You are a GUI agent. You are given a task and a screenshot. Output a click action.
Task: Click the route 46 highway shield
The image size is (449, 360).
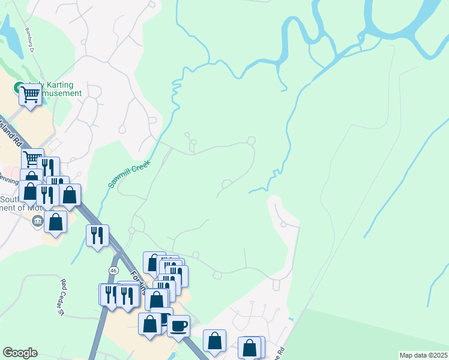pos(113,271)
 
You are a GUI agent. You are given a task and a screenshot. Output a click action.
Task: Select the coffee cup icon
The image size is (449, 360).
pos(178,326)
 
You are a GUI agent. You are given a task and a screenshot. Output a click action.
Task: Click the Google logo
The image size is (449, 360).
pos(20,353)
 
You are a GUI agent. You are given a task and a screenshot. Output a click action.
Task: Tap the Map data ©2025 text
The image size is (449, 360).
pos(423,355)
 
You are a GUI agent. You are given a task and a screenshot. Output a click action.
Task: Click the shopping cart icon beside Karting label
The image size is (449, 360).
pos(30,94)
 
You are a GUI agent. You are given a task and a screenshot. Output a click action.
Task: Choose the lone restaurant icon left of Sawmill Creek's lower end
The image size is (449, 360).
pos(97,235)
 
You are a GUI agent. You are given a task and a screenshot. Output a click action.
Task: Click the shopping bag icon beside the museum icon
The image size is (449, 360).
pos(55,221)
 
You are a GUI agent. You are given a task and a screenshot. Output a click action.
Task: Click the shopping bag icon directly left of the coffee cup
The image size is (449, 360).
pos(149,324)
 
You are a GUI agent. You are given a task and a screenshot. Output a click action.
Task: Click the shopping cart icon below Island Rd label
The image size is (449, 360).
pos(32,159)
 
